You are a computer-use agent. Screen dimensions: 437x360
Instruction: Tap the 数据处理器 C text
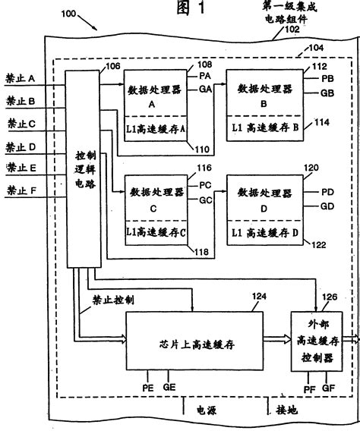153,190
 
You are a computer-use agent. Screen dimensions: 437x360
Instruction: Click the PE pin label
149,387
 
